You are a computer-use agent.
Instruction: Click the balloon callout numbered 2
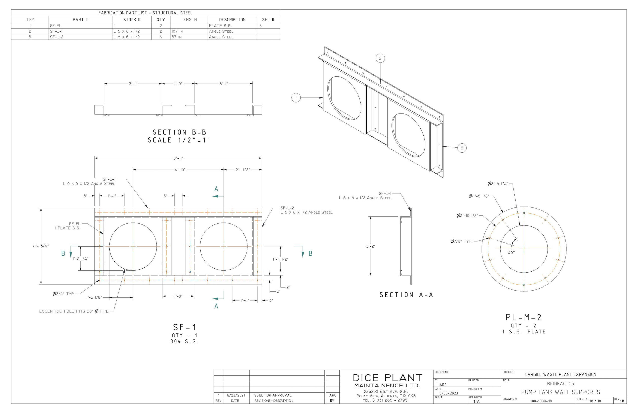coord(380,58)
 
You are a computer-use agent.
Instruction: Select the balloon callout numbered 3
coord(462,148)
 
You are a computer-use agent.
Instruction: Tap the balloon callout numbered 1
coord(296,98)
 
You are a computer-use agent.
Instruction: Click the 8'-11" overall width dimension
coord(178,158)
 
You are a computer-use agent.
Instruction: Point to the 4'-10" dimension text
coord(180,170)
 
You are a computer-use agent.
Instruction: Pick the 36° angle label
coord(511,252)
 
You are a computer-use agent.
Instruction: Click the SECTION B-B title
coord(179,132)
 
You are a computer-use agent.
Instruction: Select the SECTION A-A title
coord(406,295)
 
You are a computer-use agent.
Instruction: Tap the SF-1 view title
coord(185,327)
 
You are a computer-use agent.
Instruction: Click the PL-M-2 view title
coord(524,317)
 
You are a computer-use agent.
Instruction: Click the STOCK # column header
coord(132,19)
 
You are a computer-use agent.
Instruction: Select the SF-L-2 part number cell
coord(57,37)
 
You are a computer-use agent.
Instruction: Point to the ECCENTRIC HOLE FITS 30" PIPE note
coord(74,311)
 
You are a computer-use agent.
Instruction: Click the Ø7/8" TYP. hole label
coord(461,241)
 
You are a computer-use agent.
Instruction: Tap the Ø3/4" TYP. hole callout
coord(64,294)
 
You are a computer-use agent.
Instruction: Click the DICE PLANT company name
coord(387,378)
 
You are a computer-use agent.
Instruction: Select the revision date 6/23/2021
coord(236,395)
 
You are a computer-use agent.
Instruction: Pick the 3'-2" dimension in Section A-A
coord(371,246)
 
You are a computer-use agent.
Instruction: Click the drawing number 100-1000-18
coord(541,401)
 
